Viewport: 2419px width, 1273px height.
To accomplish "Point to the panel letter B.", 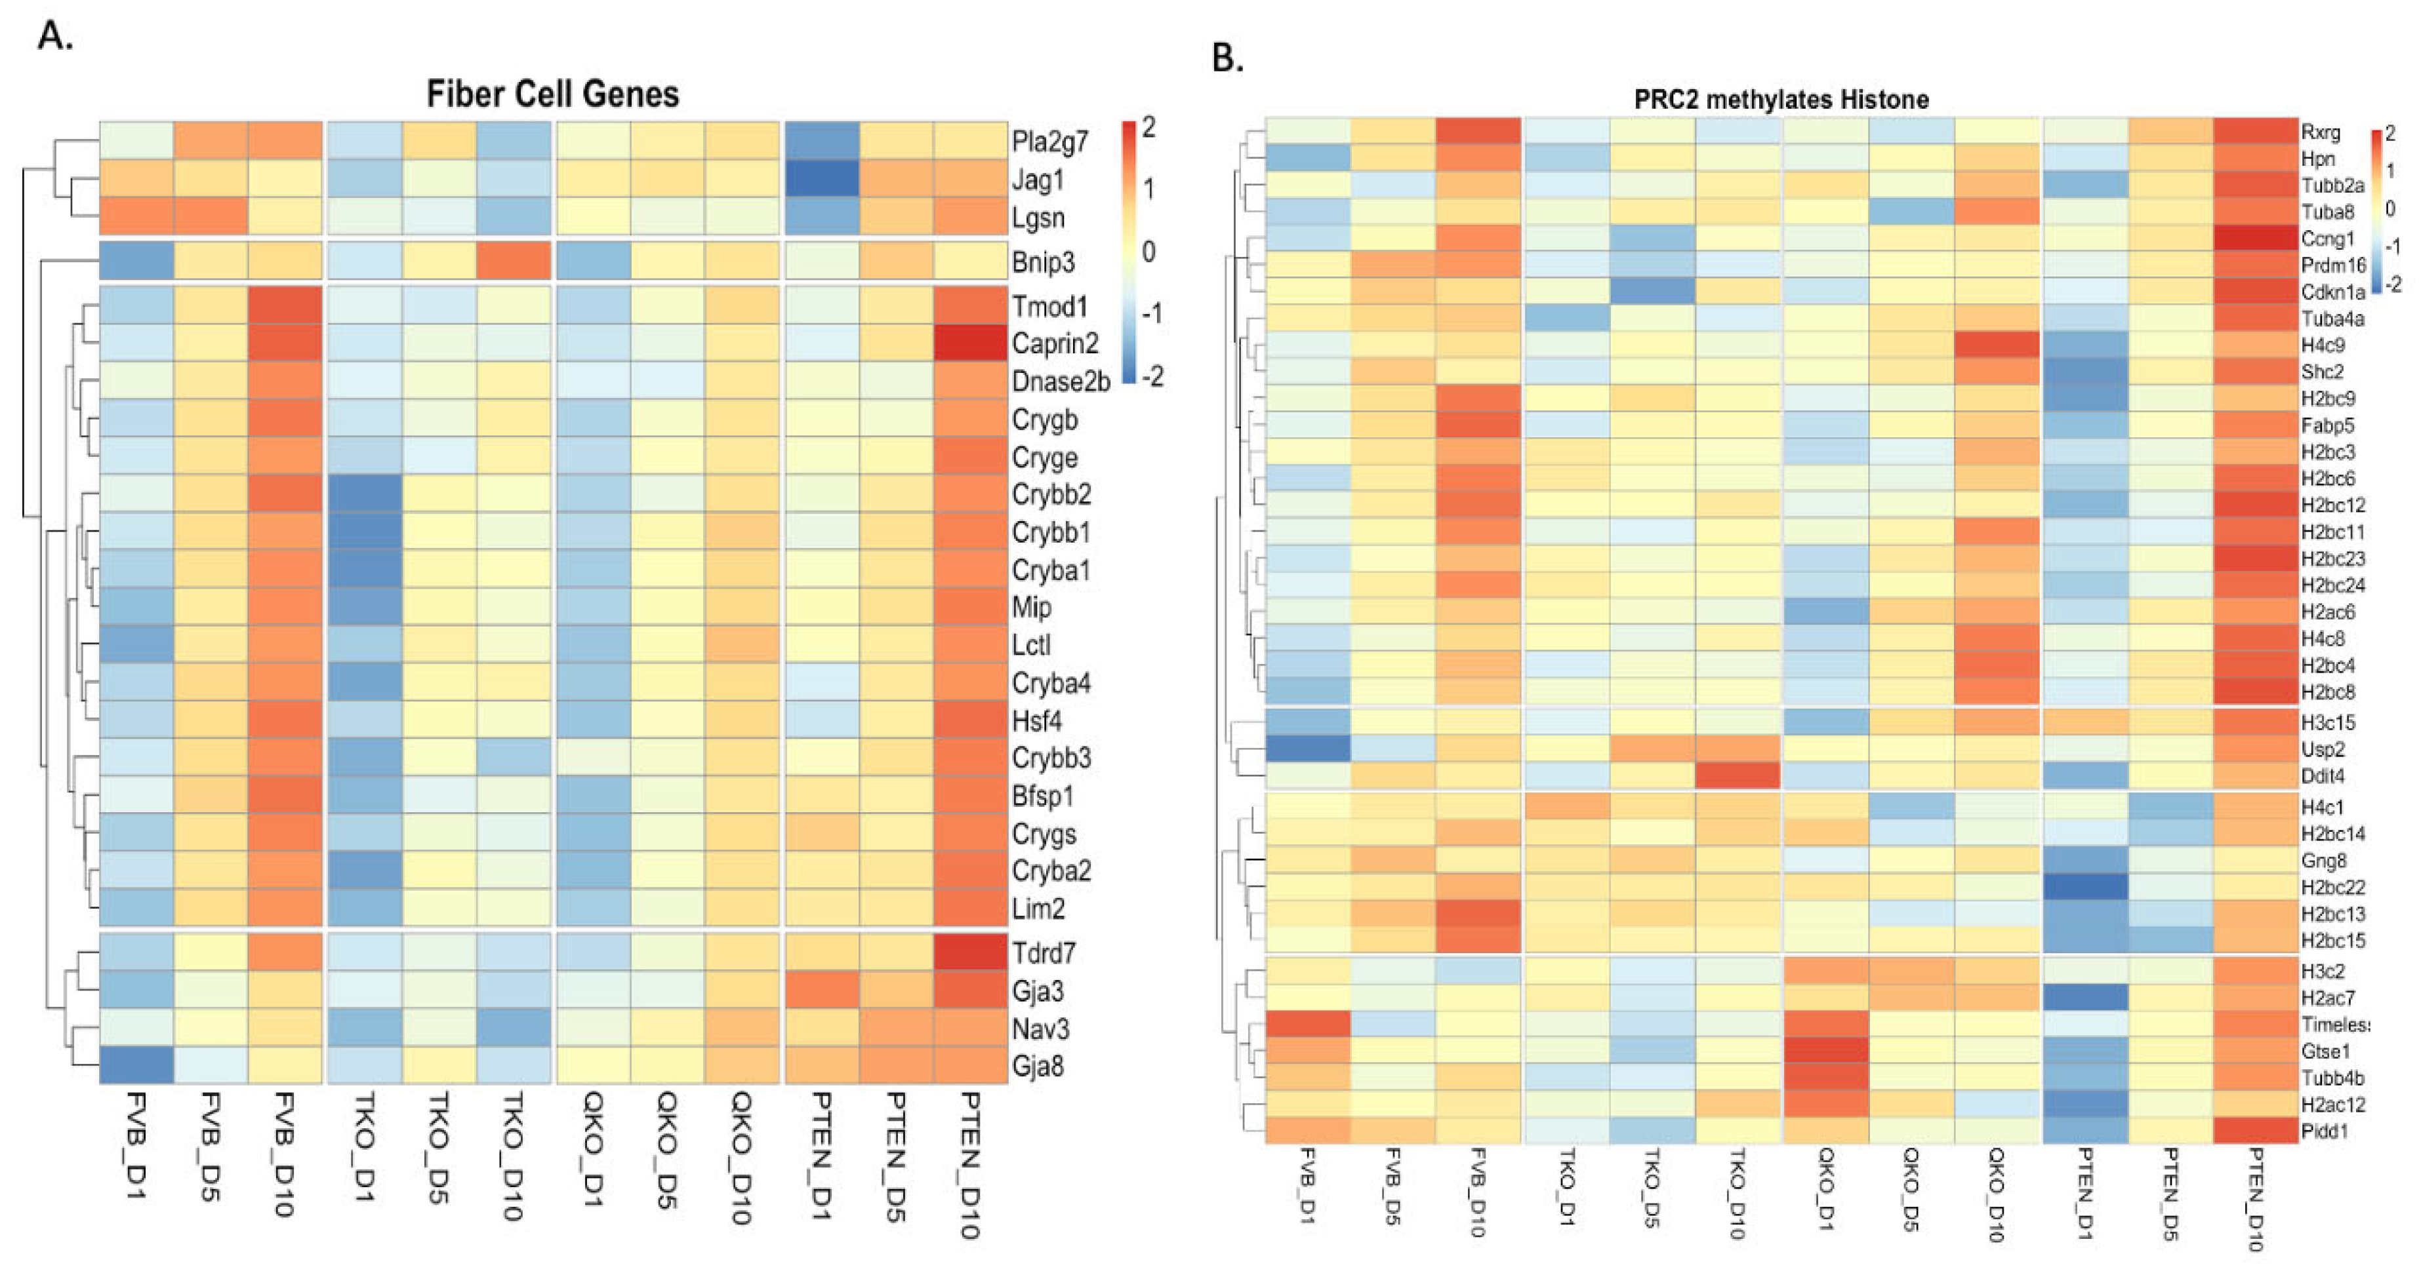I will pos(1227,58).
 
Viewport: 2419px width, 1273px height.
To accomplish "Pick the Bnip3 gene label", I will pos(1042,262).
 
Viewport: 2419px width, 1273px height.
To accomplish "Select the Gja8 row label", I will pos(1038,1067).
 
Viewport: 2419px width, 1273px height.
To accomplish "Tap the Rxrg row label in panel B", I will pos(2321,132).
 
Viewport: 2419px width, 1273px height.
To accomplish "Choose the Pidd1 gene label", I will pos(2324,1131).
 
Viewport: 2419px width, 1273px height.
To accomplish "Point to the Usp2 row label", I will pos(2323,749).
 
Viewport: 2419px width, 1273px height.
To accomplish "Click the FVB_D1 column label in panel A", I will pos(137,1145).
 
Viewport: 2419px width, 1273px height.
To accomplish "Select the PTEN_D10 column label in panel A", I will pos(970,1164).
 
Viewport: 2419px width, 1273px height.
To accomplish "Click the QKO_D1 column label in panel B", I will pos(1823,1188).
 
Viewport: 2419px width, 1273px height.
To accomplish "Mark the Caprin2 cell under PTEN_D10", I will pos(970,343).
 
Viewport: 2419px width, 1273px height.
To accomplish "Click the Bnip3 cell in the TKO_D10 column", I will pos(514,261).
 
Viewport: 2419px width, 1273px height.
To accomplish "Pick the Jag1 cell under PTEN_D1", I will pos(822,178).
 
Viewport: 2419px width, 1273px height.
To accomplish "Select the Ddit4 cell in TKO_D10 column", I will pos(1738,775).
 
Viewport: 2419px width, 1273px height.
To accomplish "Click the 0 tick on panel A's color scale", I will pos(1149,252).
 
